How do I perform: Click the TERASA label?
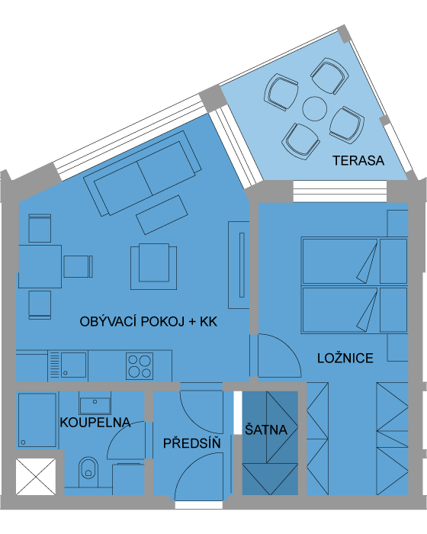[358, 161]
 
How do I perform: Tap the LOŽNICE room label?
[345, 359]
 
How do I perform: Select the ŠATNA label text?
[266, 429]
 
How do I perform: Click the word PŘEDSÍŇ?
[192, 443]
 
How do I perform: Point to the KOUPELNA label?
[95, 423]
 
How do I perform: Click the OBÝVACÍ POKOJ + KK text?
[149, 322]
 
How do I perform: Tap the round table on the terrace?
[315, 108]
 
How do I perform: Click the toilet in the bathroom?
[88, 471]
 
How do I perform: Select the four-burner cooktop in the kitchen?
[140, 365]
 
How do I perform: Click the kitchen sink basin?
[73, 365]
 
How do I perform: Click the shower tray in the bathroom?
[37, 420]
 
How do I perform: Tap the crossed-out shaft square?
[36, 477]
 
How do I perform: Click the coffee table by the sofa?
[162, 214]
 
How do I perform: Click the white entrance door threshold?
[199, 505]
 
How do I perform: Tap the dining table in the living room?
[40, 266]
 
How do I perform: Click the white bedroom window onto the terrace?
[340, 191]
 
